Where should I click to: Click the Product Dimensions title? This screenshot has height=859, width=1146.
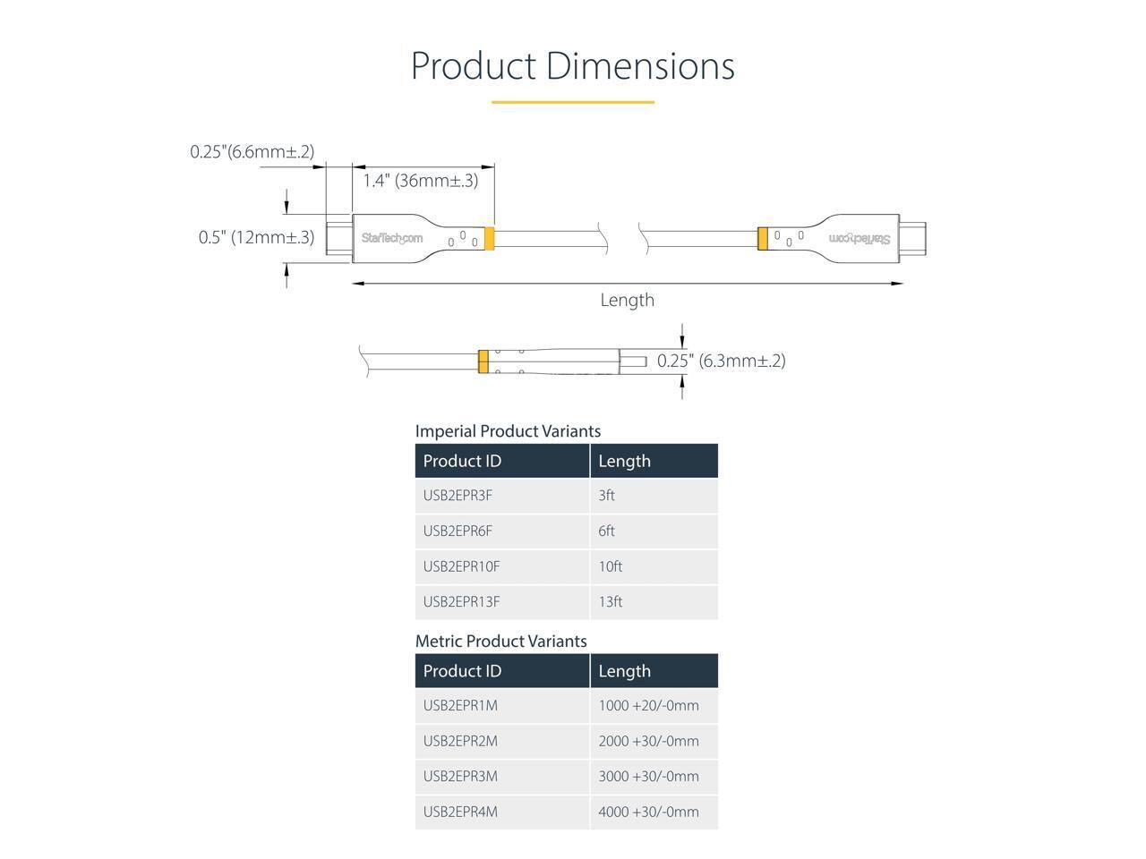[572, 66]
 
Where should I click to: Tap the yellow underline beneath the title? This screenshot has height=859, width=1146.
[572, 102]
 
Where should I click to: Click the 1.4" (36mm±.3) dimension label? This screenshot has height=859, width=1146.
[420, 181]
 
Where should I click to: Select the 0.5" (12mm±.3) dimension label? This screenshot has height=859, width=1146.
[256, 237]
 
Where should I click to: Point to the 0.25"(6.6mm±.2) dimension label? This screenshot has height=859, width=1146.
[252, 152]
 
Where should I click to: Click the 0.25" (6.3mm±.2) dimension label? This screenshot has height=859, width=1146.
[721, 361]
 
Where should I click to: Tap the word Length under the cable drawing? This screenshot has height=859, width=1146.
[627, 300]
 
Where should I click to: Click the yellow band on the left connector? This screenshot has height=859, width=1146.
[489, 239]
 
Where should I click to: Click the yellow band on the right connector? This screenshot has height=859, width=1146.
[762, 239]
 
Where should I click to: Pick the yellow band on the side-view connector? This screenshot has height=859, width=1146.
[483, 361]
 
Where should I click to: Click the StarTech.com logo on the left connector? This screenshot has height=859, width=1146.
[391, 238]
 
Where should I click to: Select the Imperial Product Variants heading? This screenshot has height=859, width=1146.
[508, 431]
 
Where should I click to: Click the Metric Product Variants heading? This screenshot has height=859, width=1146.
[500, 642]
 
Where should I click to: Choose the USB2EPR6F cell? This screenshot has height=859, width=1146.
[458, 531]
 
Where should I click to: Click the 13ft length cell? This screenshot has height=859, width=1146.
[610, 601]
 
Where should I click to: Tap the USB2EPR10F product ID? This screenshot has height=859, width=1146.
[461, 566]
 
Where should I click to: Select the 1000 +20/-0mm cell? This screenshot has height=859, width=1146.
[648, 705]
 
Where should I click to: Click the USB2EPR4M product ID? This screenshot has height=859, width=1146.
[460, 812]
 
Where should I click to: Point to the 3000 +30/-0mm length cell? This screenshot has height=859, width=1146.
[648, 776]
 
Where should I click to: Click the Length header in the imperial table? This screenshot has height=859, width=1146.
[624, 461]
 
